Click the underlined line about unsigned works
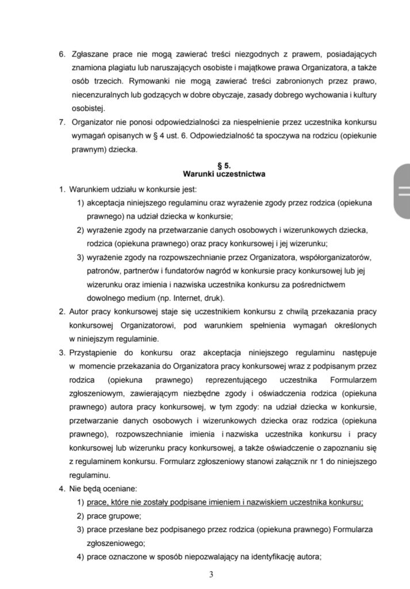point(225,502)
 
